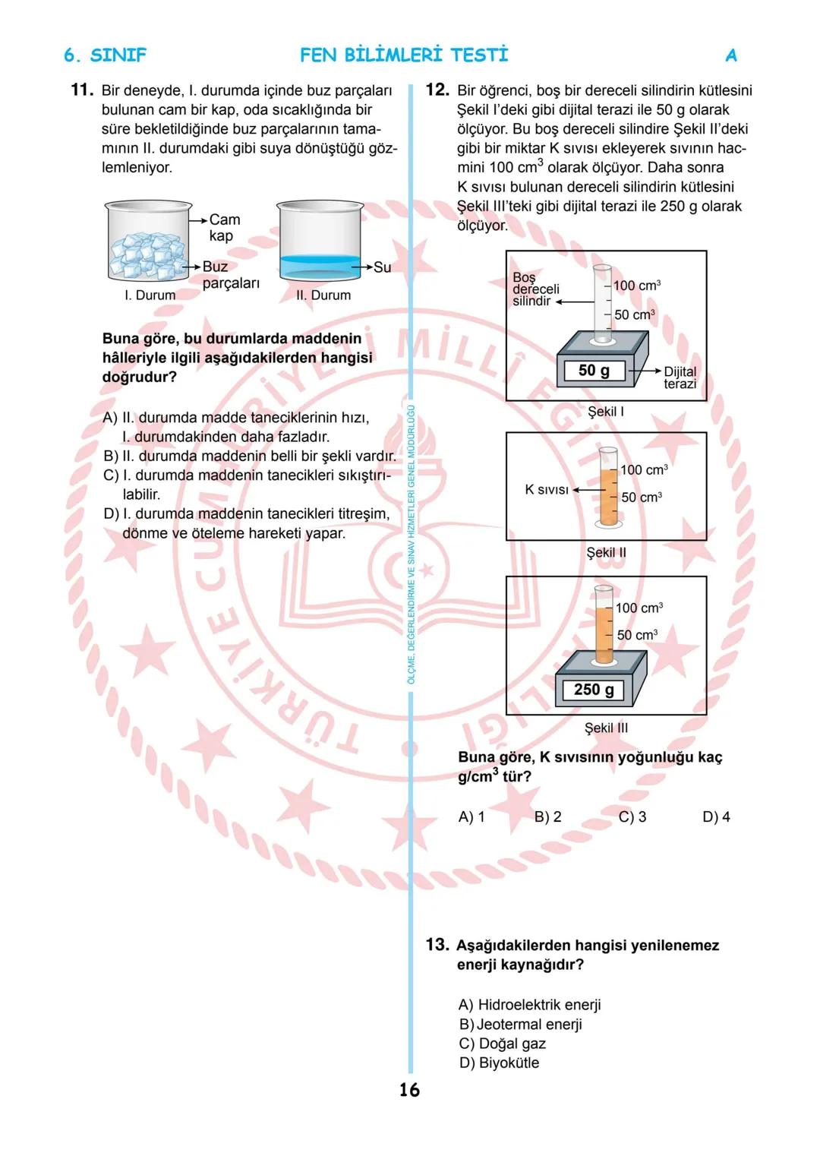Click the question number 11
click(81, 90)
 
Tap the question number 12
click(437, 90)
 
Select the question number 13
click(437, 945)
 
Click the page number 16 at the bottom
click(409, 1090)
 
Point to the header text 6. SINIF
click(105, 55)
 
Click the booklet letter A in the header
click(731, 55)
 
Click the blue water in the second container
click(319, 266)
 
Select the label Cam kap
click(224, 227)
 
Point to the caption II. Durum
click(323, 295)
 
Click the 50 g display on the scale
click(594, 371)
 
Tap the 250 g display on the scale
click(594, 690)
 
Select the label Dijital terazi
click(680, 377)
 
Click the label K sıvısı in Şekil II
click(547, 490)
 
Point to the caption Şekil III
click(606, 728)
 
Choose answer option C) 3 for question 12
click(632, 816)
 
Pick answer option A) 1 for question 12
click(471, 816)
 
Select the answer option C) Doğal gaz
click(503, 1044)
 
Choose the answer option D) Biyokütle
click(499, 1063)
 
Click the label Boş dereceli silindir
click(535, 289)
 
